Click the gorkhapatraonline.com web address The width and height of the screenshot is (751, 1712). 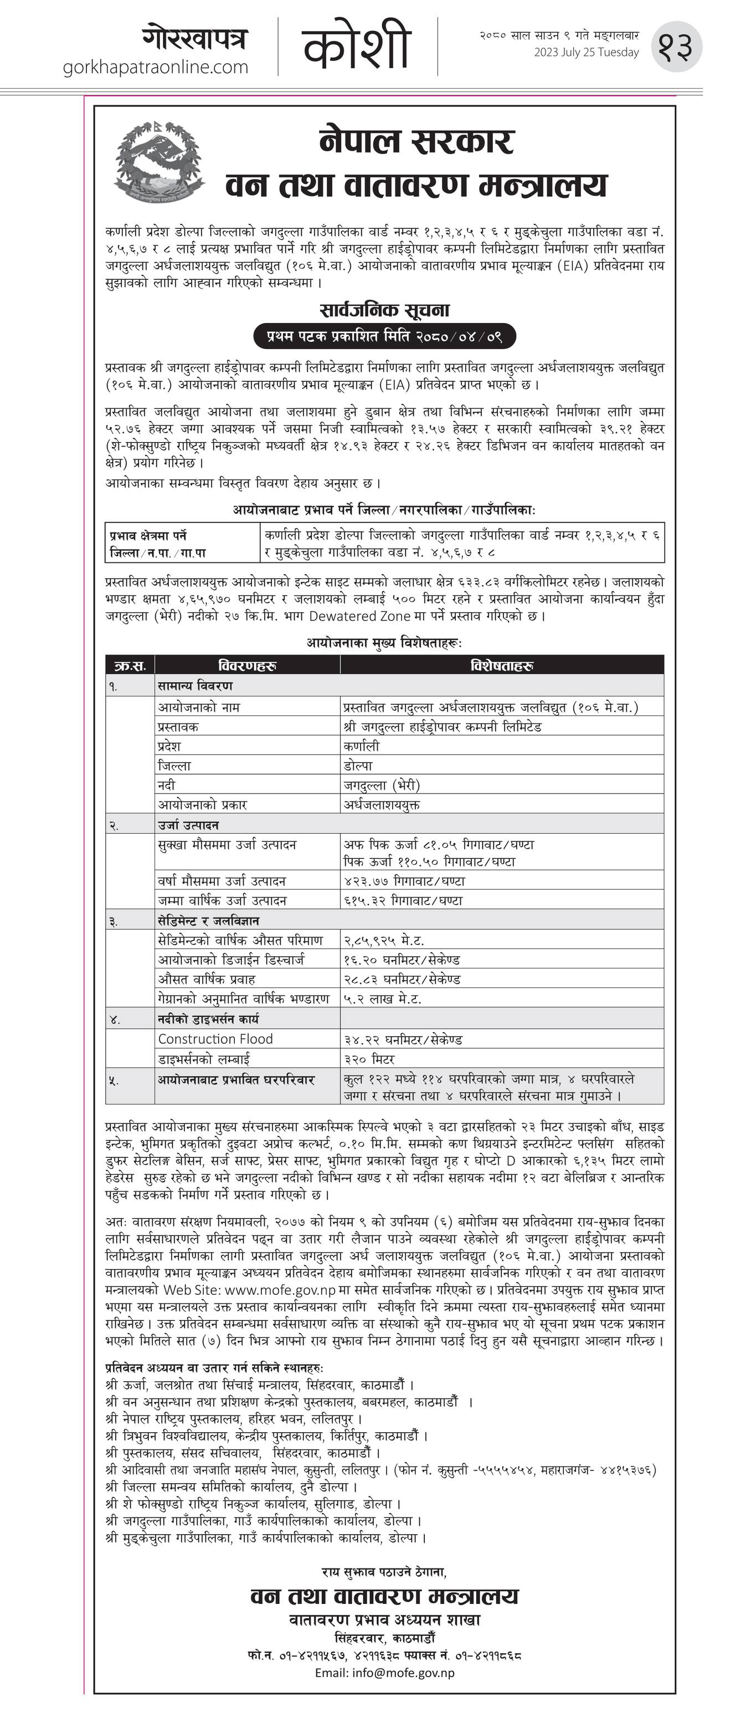(156, 67)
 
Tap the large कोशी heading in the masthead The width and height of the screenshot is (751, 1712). (357, 45)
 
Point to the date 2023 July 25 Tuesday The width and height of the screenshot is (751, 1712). (586, 53)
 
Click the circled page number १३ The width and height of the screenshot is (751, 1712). (676, 46)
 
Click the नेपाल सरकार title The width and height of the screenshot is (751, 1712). (416, 141)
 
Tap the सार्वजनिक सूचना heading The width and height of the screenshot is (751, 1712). (384, 310)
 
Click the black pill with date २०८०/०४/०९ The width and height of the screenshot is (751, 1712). (384, 336)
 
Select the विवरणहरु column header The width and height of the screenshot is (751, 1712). (247, 665)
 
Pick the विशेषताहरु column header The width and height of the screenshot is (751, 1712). (502, 665)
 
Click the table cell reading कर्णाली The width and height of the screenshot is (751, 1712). (362, 746)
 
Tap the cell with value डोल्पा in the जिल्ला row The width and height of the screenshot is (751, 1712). (358, 766)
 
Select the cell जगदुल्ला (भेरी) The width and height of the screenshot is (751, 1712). (382, 785)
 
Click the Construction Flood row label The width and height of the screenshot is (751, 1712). (215, 1039)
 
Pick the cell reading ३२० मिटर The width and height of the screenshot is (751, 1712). (369, 1059)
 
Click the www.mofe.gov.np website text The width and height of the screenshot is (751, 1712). (280, 1289)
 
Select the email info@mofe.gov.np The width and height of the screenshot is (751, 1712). (384, 1673)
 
